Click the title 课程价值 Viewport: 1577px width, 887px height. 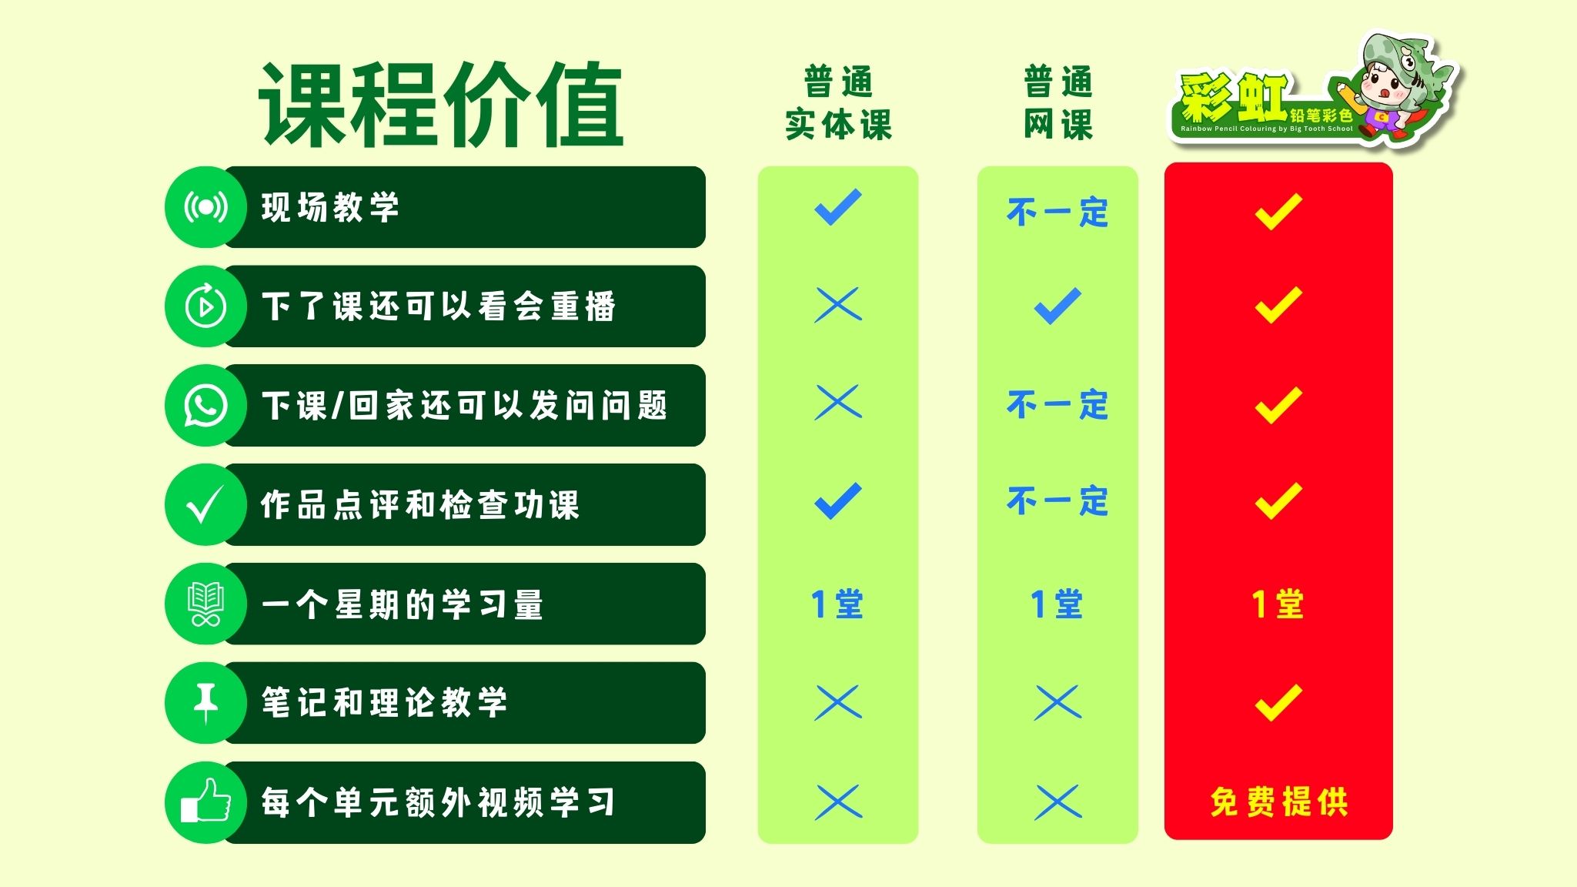pos(440,105)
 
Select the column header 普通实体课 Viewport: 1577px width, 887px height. pos(838,103)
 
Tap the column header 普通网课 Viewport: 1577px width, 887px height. pos(1057,103)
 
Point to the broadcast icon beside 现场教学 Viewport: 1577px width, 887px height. pos(205,207)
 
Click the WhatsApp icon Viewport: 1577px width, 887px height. pos(205,406)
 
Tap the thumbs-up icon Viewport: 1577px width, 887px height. pos(205,801)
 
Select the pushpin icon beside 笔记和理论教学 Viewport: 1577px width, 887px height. pos(205,703)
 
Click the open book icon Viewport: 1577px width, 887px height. pos(205,604)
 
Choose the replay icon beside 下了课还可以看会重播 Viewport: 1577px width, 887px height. pos(205,306)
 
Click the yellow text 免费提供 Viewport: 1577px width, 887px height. pos(1278,802)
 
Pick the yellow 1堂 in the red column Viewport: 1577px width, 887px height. pos(1278,604)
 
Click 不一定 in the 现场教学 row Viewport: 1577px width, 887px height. pos(1057,213)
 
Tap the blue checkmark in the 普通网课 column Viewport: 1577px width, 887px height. pos(1057,306)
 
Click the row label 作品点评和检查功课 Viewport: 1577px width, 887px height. pos(419,505)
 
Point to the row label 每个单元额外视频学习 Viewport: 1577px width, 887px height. pos(438,802)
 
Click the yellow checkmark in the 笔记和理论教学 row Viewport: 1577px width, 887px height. pos(1278,702)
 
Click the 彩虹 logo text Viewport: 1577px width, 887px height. pos(1234,98)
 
